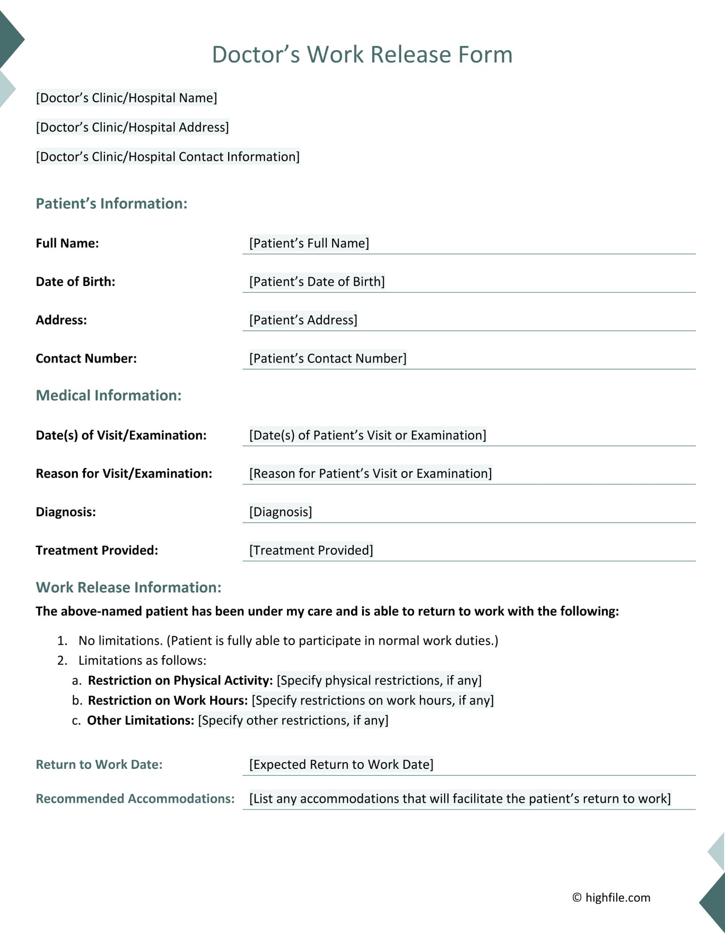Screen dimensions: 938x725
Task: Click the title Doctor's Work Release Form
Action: pos(362,54)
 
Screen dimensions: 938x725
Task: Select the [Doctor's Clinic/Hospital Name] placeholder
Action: pos(127,98)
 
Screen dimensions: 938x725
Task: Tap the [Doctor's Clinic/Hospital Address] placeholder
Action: pos(132,127)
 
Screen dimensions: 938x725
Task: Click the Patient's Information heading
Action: pos(112,203)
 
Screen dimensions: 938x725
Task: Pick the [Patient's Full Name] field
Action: pos(309,243)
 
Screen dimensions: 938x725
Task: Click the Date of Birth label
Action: pos(75,282)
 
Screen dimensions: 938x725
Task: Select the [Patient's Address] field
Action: pos(303,320)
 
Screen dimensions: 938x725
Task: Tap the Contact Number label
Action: pos(86,359)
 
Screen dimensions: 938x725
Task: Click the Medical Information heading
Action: pos(109,395)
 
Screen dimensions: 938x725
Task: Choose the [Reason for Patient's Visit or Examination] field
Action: pos(370,474)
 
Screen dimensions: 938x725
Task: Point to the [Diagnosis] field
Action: pos(280,512)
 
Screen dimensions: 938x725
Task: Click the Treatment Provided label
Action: pos(97,550)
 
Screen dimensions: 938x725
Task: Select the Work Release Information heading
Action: pos(129,587)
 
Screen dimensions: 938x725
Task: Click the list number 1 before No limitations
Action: pos(62,641)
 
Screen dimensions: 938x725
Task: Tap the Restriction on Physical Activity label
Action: pos(180,680)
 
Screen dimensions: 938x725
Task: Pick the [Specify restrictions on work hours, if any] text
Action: pos(372,700)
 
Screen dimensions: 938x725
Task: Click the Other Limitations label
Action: pos(140,721)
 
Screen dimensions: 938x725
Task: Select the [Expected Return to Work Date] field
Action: pos(341,765)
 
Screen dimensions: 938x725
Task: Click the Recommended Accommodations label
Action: pos(135,799)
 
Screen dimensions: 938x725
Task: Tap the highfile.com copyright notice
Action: pos(611,897)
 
